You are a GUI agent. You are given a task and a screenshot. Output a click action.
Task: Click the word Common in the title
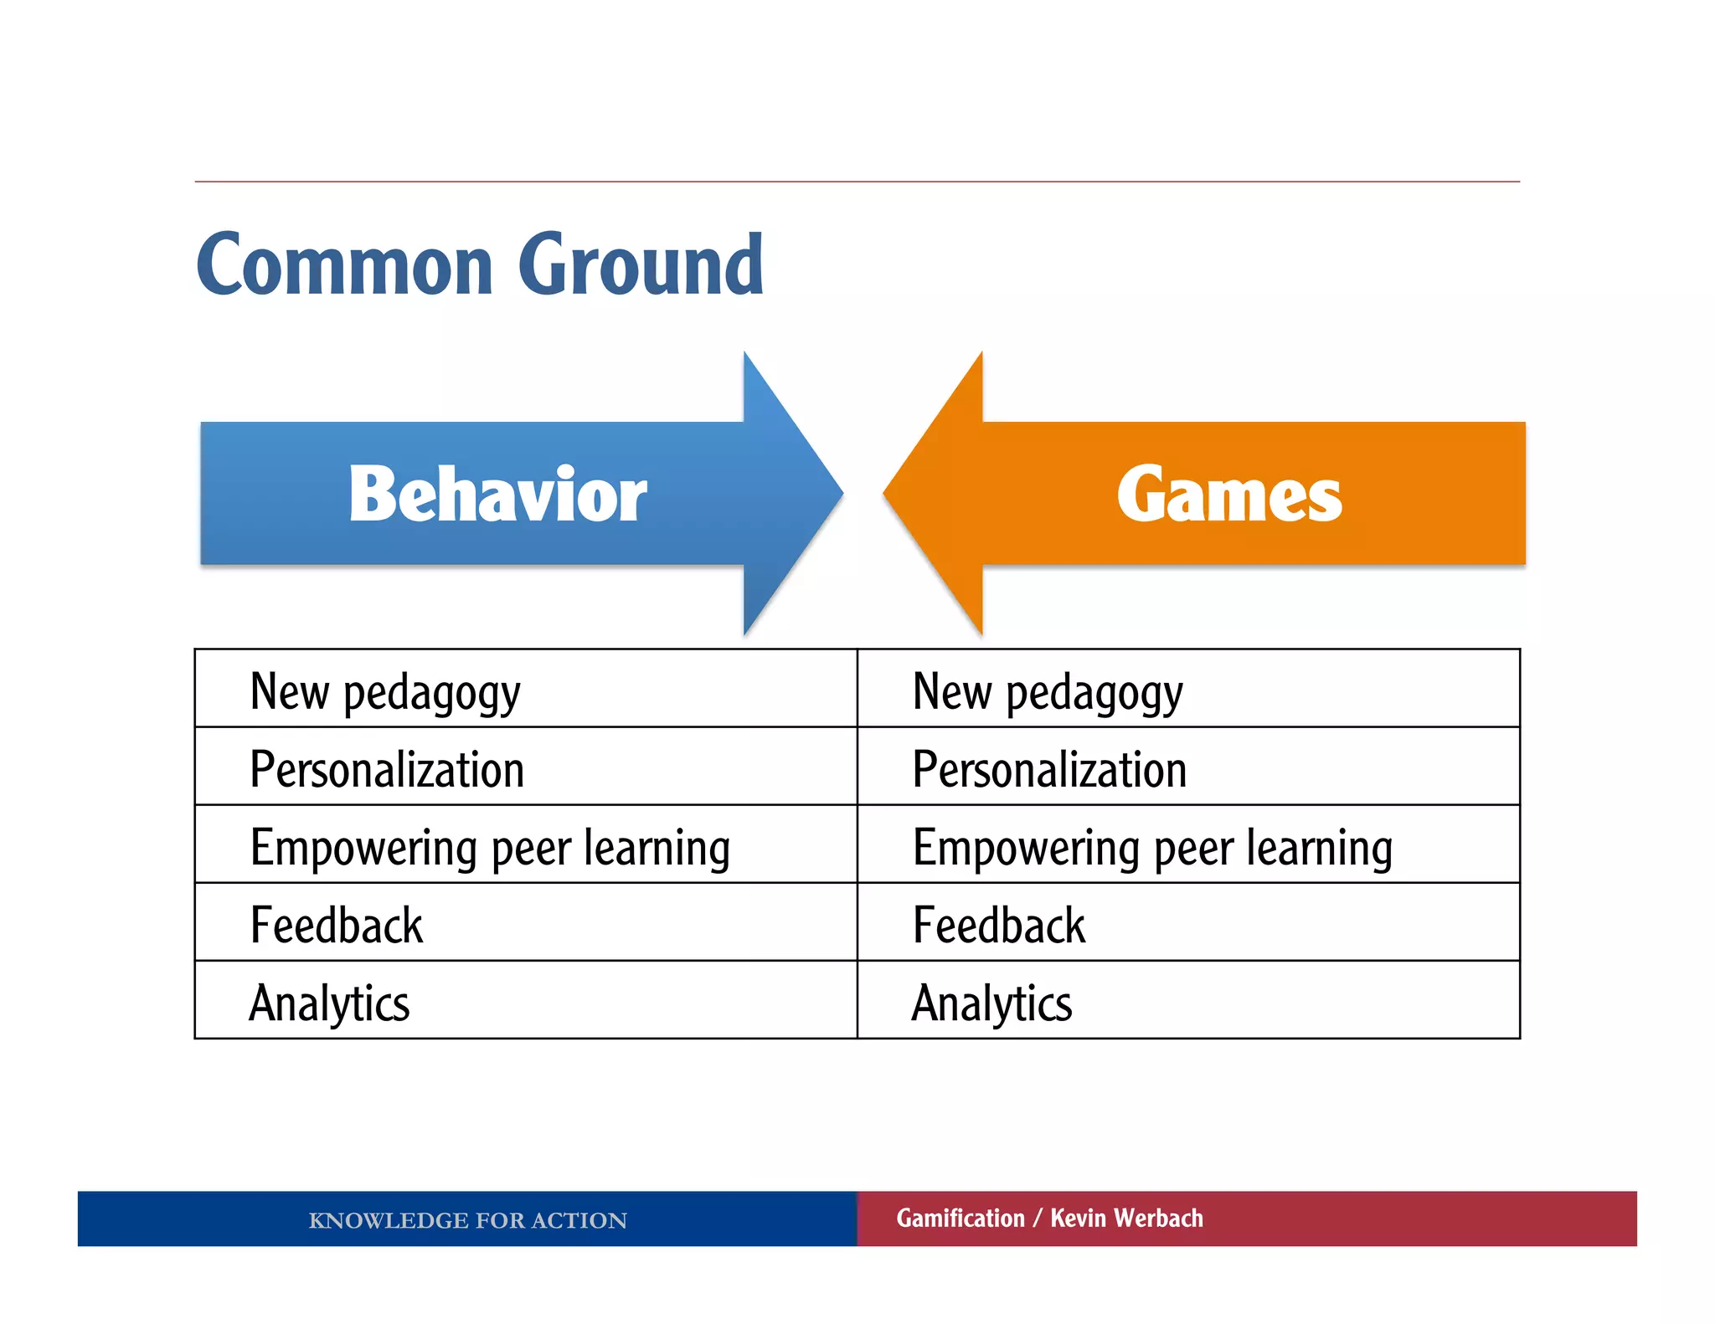tap(345, 266)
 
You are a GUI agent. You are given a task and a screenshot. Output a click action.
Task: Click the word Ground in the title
tap(641, 266)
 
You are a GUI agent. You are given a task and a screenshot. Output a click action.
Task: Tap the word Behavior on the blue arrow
tap(497, 495)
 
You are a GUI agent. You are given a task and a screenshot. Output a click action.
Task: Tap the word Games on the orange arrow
tap(1228, 495)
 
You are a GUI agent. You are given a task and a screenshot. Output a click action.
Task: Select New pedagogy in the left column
tap(385, 692)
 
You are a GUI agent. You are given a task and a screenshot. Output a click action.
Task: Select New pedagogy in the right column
tap(1048, 692)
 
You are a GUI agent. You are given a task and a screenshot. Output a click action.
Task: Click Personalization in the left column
tap(387, 769)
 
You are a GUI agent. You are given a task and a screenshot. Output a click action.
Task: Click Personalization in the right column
tap(1049, 769)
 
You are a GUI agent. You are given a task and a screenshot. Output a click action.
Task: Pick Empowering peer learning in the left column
tap(490, 847)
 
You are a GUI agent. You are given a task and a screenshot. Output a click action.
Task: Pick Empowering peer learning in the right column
tap(1152, 847)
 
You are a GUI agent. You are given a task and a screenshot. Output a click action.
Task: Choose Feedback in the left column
tap(337, 925)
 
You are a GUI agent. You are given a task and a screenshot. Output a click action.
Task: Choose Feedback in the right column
tap(999, 925)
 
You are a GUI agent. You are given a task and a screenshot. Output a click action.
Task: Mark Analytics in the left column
tap(330, 1003)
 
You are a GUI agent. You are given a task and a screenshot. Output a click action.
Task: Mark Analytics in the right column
tap(992, 1003)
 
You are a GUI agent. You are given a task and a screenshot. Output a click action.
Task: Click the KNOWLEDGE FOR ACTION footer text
tap(467, 1220)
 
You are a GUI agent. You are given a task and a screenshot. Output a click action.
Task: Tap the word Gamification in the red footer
tap(961, 1219)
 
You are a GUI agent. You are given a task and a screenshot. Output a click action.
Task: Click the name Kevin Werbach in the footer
tap(1126, 1219)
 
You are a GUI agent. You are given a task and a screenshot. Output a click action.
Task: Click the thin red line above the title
tap(857, 182)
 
